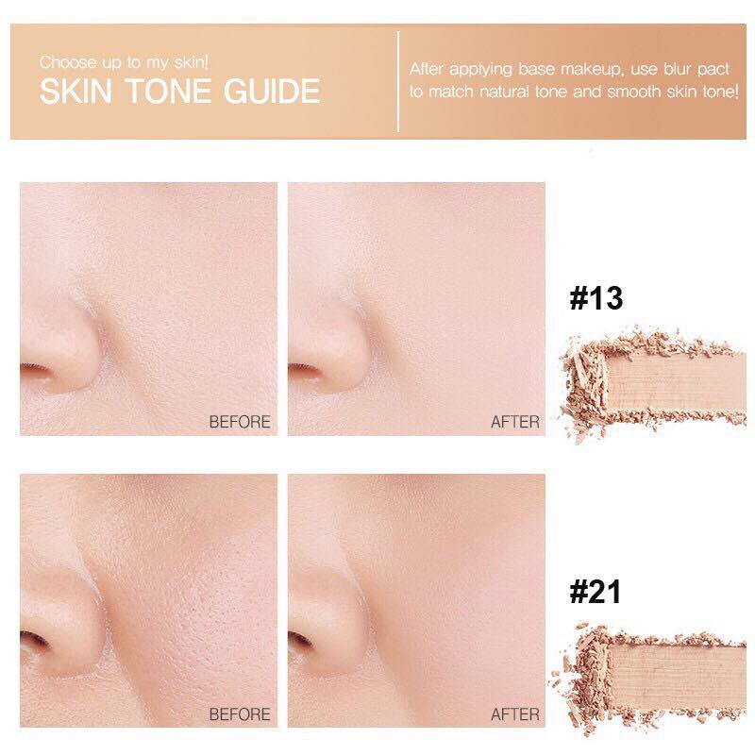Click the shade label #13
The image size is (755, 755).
597,299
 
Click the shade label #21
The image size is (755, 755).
597,593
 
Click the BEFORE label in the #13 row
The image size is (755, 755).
240,422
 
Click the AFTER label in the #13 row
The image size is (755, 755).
514,422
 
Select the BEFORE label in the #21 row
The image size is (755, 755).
240,713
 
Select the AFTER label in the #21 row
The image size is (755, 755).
514,713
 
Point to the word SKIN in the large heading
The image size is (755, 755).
73,92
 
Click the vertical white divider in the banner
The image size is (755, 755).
398,81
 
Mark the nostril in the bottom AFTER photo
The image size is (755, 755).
304,643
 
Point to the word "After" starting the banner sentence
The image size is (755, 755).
429,69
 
